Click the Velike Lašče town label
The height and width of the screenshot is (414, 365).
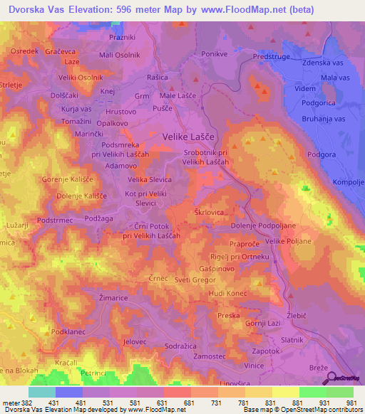pos(188,135)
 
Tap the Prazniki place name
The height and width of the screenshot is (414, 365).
pos(123,36)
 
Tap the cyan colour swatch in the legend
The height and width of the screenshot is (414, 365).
pos(42,391)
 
